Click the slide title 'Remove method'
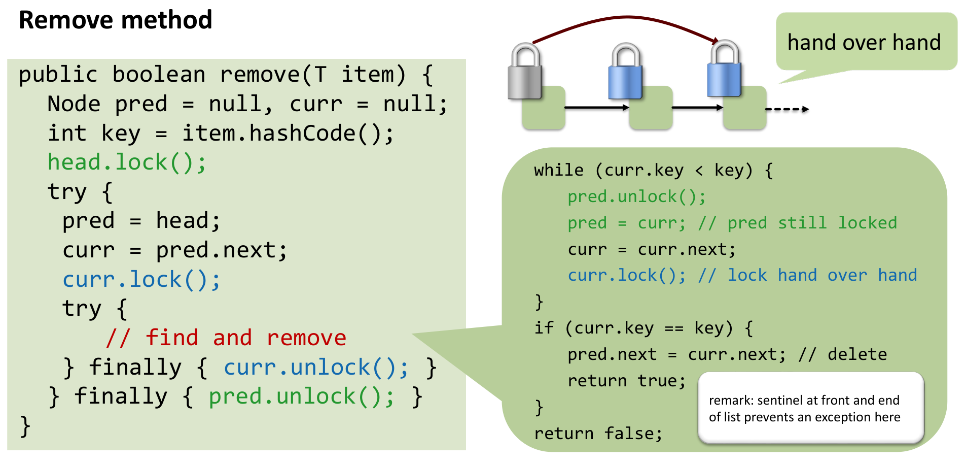click(x=115, y=20)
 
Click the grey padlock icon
click(x=525, y=72)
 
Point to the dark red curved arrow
click(x=624, y=18)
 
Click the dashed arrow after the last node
click(x=787, y=109)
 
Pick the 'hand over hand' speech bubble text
click(x=864, y=42)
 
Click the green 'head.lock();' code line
click(x=127, y=162)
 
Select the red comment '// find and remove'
click(x=226, y=338)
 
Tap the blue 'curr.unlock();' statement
click(x=316, y=368)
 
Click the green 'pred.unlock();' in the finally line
click(x=301, y=396)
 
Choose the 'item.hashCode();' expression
click(x=288, y=134)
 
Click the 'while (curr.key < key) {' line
click(x=653, y=171)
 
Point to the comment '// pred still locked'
click(x=797, y=223)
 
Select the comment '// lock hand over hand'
click(x=807, y=275)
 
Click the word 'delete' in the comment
click(x=857, y=354)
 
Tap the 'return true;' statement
click(x=626, y=381)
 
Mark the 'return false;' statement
click(x=598, y=434)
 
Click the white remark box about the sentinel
click(x=810, y=408)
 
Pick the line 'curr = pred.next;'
click(x=174, y=250)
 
